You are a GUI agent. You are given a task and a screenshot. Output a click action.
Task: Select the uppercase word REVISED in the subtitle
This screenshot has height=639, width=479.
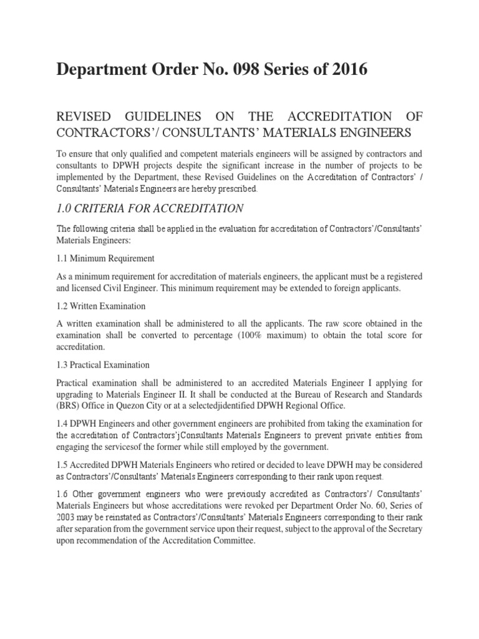(x=84, y=117)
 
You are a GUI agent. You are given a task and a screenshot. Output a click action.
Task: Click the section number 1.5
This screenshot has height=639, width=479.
(x=63, y=466)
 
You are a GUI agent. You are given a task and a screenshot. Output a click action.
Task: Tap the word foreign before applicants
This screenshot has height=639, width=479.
(x=326, y=288)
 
